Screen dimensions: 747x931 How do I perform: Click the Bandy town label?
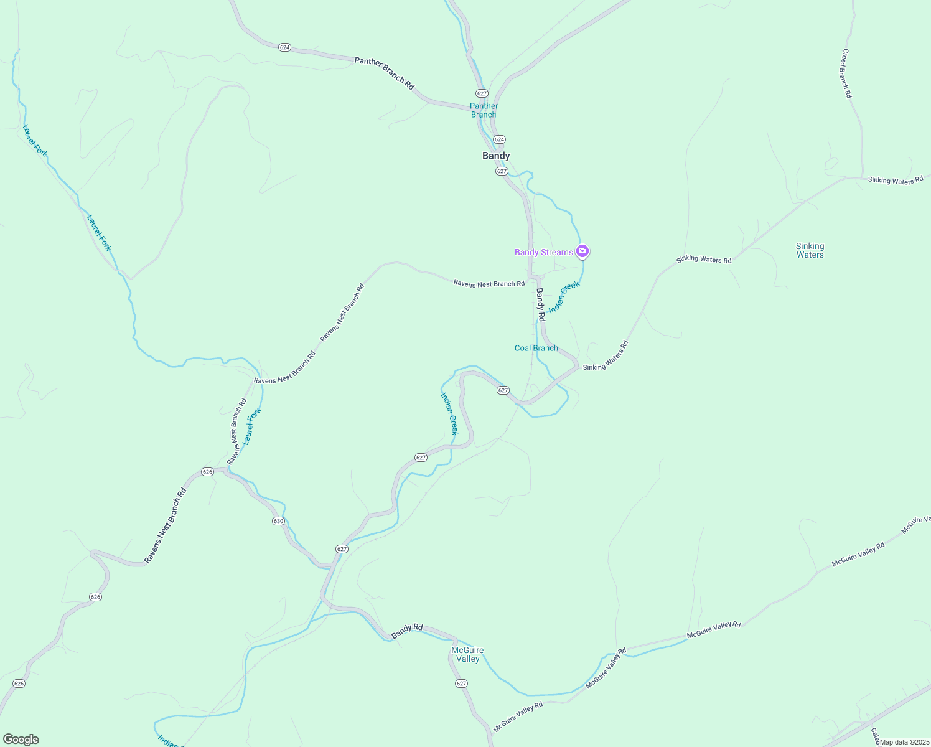(496, 156)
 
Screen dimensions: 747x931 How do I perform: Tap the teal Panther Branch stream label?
(484, 110)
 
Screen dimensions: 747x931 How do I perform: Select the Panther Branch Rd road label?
(384, 73)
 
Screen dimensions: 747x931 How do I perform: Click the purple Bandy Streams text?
(543, 252)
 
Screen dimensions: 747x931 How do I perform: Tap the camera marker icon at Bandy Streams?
(582, 251)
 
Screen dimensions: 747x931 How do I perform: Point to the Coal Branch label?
(536, 348)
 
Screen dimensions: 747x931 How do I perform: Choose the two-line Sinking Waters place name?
(810, 250)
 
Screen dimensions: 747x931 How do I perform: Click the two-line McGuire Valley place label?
(467, 654)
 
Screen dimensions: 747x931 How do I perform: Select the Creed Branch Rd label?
(846, 73)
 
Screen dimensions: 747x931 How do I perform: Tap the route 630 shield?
(278, 521)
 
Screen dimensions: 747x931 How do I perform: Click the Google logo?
(21, 740)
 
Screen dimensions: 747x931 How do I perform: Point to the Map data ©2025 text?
(903, 742)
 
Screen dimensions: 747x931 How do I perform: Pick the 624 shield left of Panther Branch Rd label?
(284, 47)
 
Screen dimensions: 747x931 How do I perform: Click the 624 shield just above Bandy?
(499, 139)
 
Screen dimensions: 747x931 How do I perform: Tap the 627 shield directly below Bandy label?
(502, 171)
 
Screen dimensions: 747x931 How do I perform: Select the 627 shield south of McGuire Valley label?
(461, 684)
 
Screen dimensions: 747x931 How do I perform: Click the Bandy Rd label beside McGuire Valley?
(407, 631)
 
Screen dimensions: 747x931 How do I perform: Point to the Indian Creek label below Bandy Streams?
(564, 296)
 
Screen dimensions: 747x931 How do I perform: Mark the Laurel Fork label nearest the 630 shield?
(251, 426)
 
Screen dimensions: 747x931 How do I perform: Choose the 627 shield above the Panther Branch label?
(482, 93)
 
